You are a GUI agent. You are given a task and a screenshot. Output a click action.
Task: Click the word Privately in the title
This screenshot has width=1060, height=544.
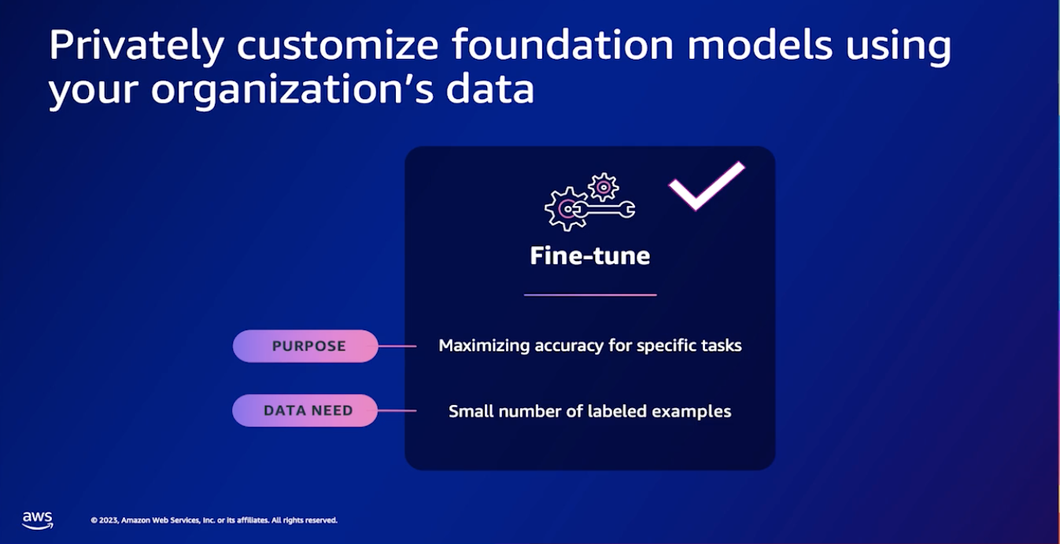pyautogui.click(x=136, y=46)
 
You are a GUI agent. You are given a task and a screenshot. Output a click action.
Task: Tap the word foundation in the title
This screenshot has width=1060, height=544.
pyautogui.click(x=561, y=45)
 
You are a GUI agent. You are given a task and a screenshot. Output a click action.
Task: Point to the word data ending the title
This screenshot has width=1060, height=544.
pyautogui.click(x=490, y=89)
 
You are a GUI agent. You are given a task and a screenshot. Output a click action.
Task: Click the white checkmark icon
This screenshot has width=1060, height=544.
pyautogui.click(x=705, y=186)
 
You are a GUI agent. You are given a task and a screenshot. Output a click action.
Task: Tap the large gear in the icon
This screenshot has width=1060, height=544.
pyautogui.click(x=565, y=208)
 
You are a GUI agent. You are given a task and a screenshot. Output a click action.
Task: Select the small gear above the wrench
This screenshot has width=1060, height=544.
pyautogui.click(x=603, y=187)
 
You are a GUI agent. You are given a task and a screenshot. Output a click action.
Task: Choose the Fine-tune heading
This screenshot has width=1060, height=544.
pyautogui.click(x=590, y=255)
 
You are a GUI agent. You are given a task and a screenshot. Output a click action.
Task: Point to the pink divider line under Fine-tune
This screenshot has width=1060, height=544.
pyautogui.click(x=590, y=295)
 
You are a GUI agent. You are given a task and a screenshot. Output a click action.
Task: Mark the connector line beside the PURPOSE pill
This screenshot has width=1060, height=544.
pyautogui.click(x=397, y=346)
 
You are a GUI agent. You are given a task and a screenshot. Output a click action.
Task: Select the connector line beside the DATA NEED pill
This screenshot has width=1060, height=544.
pyautogui.click(x=397, y=410)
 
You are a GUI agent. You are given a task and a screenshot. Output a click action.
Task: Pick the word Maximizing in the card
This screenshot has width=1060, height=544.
pyautogui.click(x=483, y=346)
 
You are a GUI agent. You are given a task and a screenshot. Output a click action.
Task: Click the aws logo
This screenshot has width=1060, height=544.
pyautogui.click(x=37, y=520)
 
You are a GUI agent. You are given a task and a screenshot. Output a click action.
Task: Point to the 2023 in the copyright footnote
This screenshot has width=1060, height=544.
pyautogui.click(x=109, y=520)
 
